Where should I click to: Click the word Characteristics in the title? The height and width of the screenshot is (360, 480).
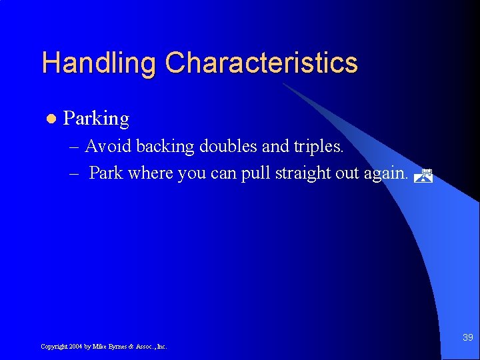pyautogui.click(x=261, y=63)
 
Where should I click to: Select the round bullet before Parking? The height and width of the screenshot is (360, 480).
pyautogui.click(x=49, y=119)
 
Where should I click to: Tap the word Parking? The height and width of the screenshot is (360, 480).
pyautogui.click(x=96, y=119)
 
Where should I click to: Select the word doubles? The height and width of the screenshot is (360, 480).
pyautogui.click(x=229, y=146)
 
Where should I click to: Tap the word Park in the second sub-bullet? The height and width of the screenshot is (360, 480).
pyautogui.click(x=106, y=173)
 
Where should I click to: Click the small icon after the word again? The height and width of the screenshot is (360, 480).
pyautogui.click(x=423, y=176)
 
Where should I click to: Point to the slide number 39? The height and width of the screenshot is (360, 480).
pyautogui.click(x=467, y=338)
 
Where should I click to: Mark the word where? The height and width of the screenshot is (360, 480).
pyautogui.click(x=150, y=173)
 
